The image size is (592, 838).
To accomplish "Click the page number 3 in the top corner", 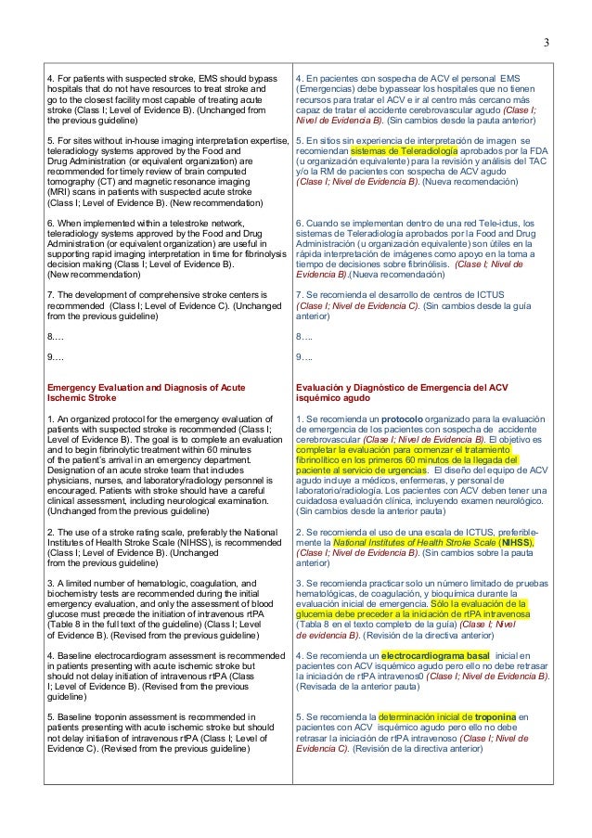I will (x=546, y=42).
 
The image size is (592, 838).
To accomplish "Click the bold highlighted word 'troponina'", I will (x=488, y=716).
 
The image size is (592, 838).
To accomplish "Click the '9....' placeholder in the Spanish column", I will (x=303, y=357).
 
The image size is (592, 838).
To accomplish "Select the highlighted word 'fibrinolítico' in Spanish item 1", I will (x=321, y=458).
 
